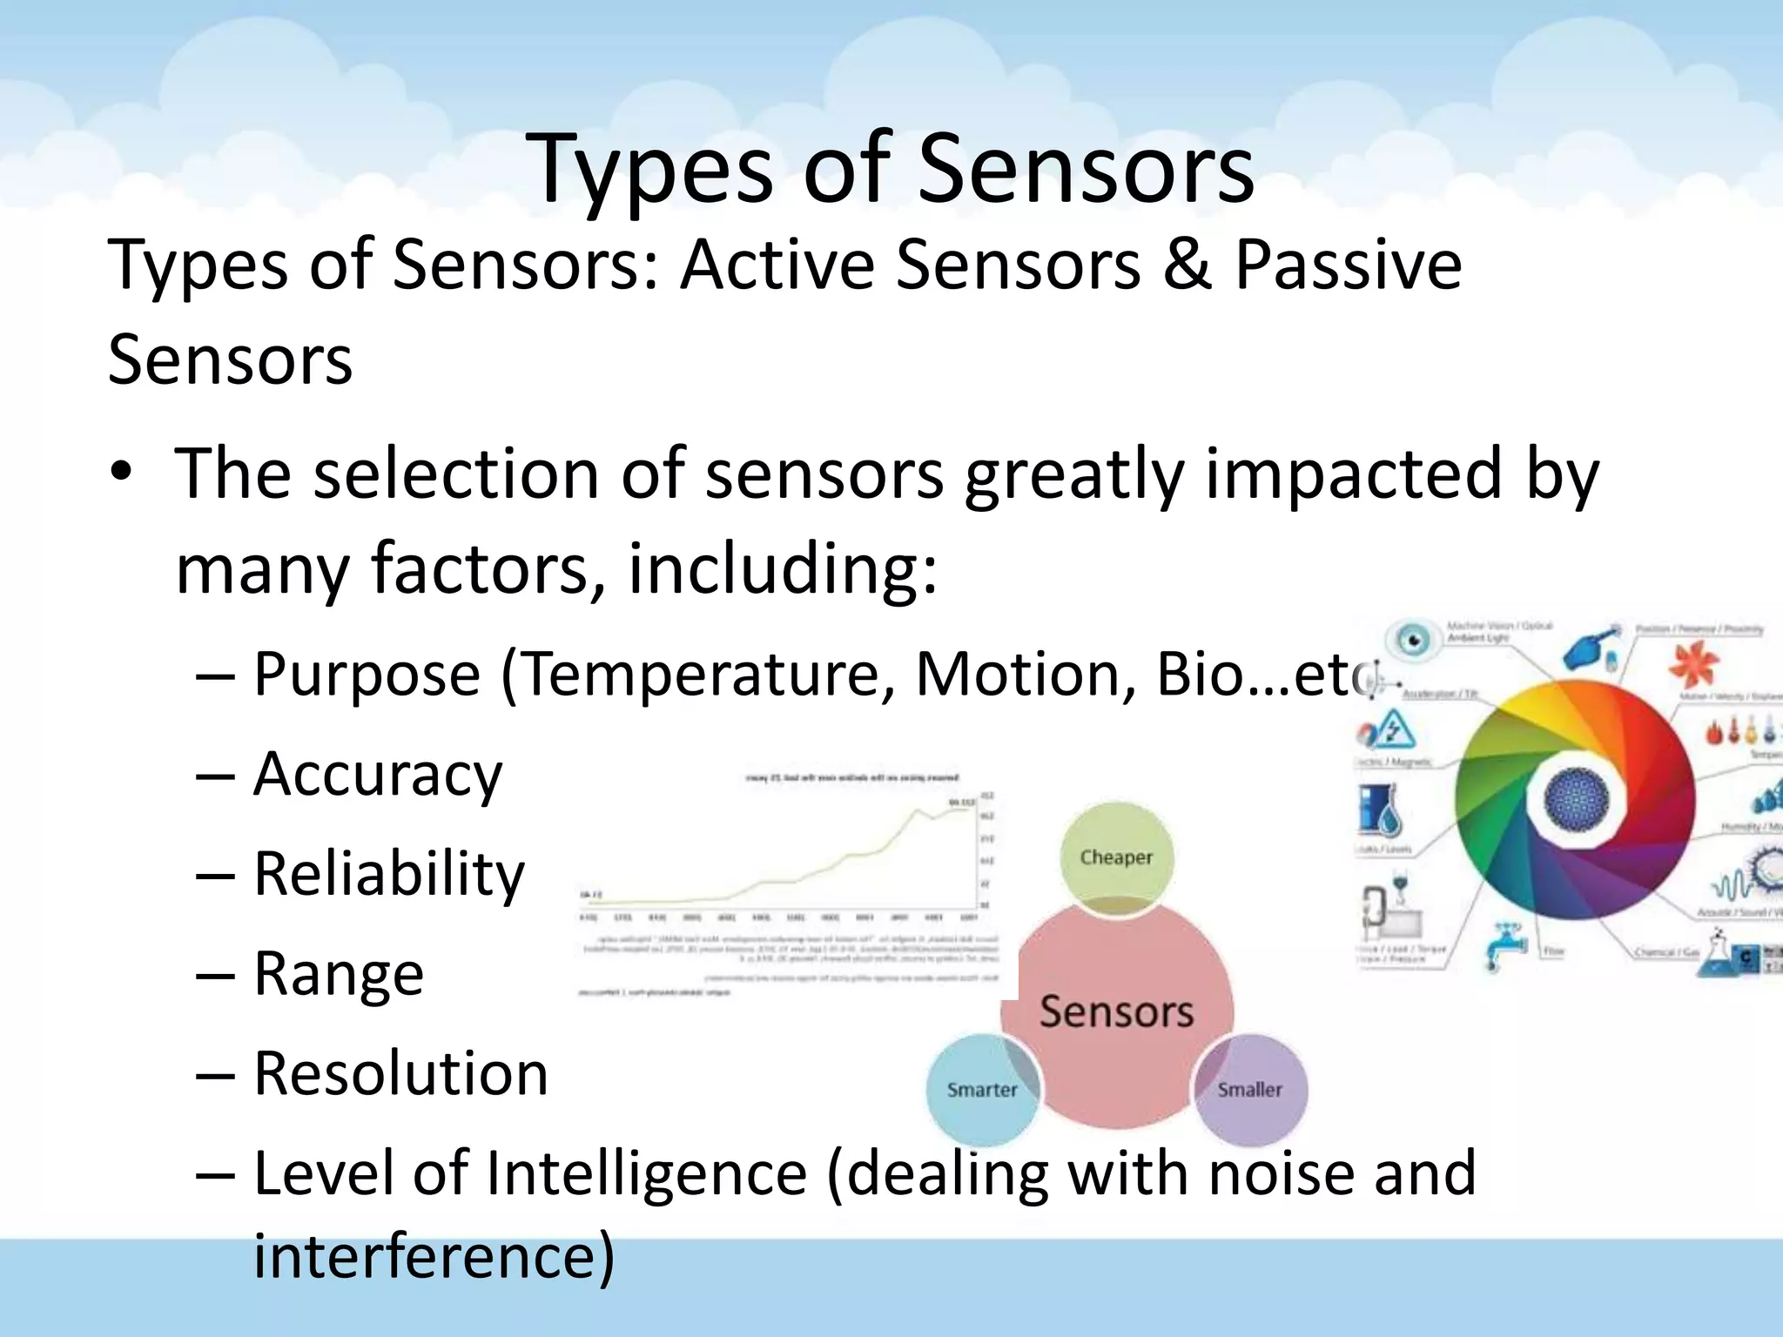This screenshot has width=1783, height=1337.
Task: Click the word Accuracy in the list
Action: pyautogui.click(x=377, y=774)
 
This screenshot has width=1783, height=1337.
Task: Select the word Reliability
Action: pyautogui.click(x=388, y=873)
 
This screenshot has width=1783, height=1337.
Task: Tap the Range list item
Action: pyautogui.click(x=338, y=973)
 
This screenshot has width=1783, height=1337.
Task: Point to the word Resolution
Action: pyautogui.click(x=400, y=1072)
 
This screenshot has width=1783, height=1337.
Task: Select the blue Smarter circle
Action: pyautogui.click(x=981, y=1090)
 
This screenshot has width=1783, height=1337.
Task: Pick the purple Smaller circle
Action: pyautogui.click(x=1250, y=1090)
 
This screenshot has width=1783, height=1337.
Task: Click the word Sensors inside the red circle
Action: pyautogui.click(x=1116, y=1011)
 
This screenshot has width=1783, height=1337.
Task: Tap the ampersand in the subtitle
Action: pyautogui.click(x=1187, y=264)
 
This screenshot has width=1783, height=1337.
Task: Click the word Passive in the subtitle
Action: pyautogui.click(x=1348, y=264)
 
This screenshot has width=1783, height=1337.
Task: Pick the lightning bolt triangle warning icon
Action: pyautogui.click(x=1394, y=729)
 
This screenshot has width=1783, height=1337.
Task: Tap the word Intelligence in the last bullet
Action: pyautogui.click(x=646, y=1173)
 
